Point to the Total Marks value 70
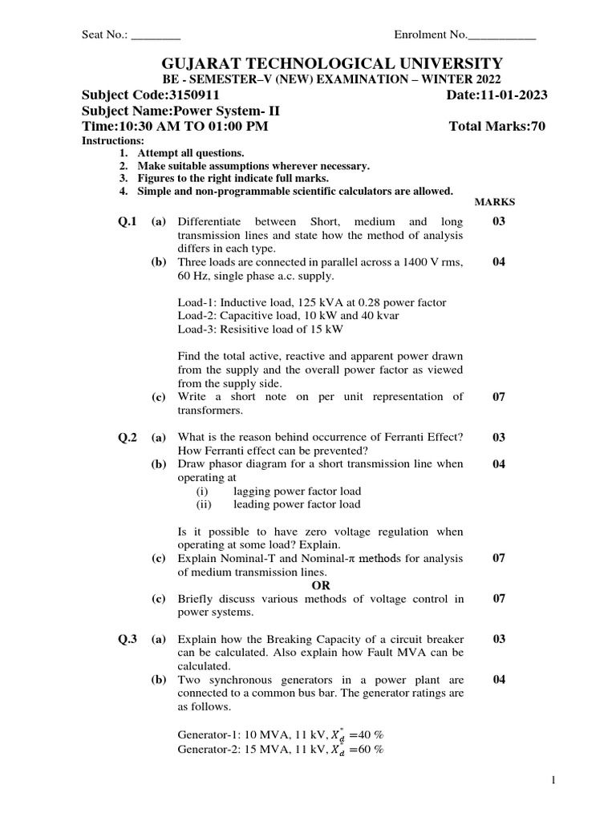coord(537,127)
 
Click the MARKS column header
coord(496,203)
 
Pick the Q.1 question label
coord(128,221)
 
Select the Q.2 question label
coord(128,437)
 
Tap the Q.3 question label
coord(128,640)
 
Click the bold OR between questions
coord(320,585)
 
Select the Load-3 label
coord(197,330)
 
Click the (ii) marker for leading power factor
coord(205,504)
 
